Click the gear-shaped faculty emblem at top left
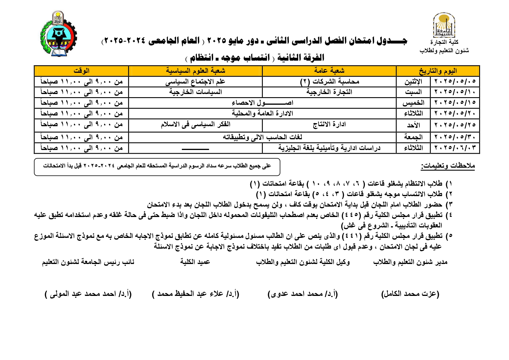(x=58, y=34)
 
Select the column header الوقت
(x=81, y=71)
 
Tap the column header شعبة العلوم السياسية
(x=195, y=71)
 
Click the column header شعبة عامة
(x=329, y=71)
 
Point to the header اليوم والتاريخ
(x=438, y=71)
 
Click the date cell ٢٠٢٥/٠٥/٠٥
(x=455, y=82)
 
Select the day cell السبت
(x=413, y=92)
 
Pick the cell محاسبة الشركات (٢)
(x=329, y=82)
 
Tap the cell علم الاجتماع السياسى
(x=195, y=82)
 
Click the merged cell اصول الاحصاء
(x=262, y=103)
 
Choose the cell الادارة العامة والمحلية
(x=262, y=113)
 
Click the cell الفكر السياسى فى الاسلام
(x=195, y=124)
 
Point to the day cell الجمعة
(x=413, y=137)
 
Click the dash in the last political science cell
(x=195, y=149)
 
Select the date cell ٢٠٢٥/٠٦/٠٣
(x=455, y=148)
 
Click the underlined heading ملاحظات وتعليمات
(x=448, y=166)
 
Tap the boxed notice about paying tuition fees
(x=157, y=167)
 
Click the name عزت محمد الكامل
(x=410, y=294)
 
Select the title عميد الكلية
(x=195, y=262)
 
